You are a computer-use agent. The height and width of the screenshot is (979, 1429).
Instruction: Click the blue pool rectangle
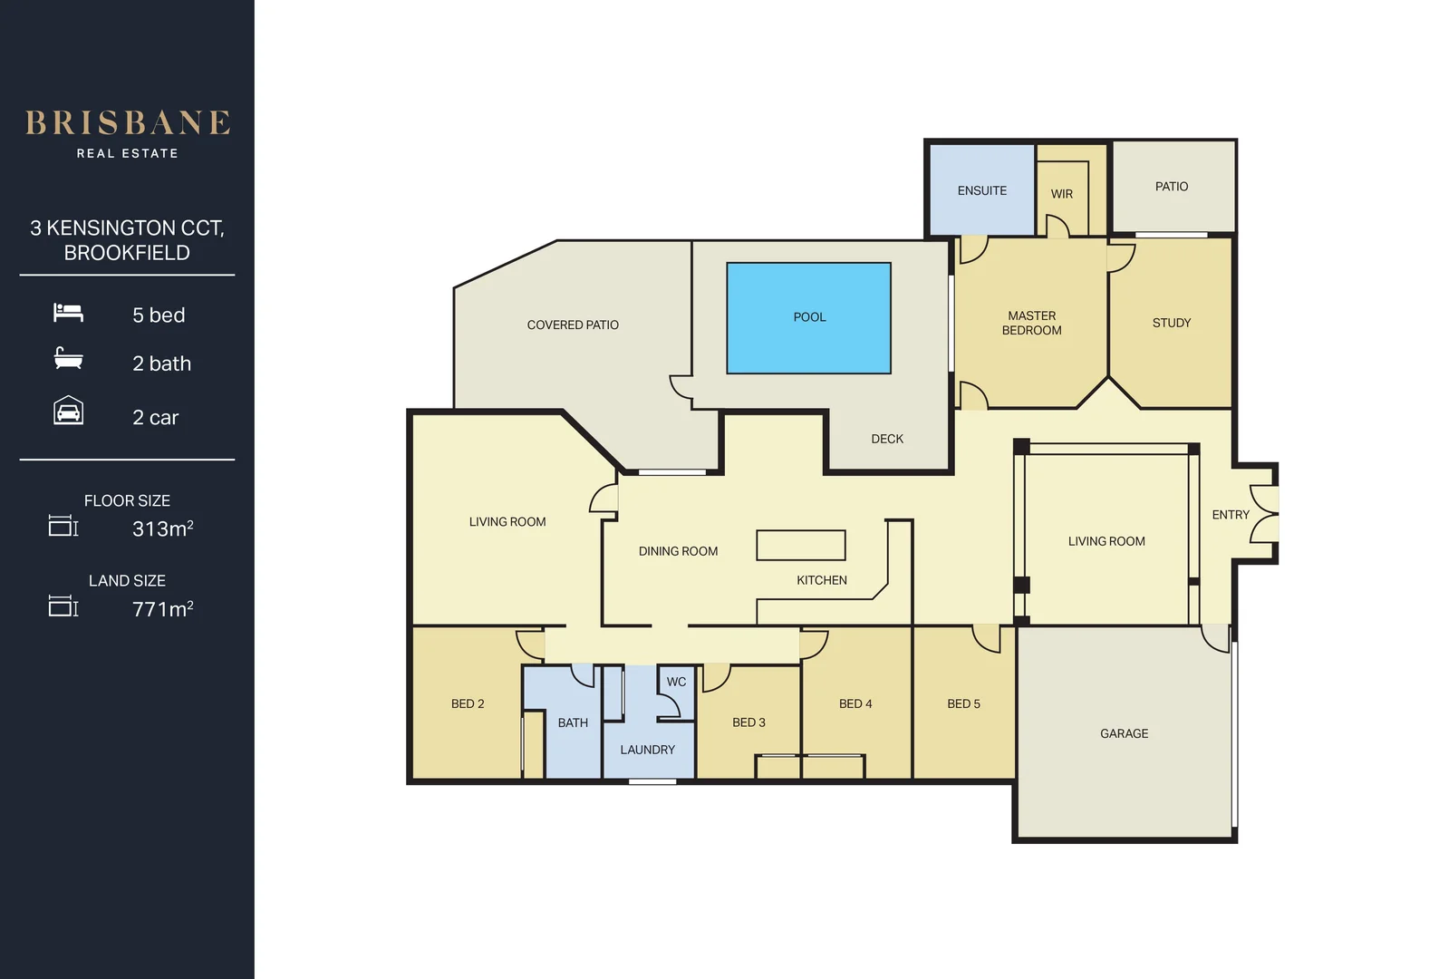[808, 317]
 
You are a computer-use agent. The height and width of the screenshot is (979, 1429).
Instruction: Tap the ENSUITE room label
[981, 191]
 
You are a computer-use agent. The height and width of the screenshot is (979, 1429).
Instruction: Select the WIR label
[1061, 194]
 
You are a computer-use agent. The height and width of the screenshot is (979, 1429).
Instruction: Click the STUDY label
[1171, 323]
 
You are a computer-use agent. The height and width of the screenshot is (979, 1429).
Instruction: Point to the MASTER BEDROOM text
[1031, 324]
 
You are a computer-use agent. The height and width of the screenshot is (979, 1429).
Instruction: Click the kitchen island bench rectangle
[801, 545]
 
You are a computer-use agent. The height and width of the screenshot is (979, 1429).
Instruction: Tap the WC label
[676, 682]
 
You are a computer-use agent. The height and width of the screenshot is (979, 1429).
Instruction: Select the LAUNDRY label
[647, 750]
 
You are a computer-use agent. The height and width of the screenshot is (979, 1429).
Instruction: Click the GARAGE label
[1124, 733]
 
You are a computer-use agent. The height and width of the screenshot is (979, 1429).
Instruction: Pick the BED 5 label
[963, 703]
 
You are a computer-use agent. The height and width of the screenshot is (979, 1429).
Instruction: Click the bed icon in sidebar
[68, 313]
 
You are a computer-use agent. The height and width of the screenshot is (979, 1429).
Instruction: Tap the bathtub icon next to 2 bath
[68, 359]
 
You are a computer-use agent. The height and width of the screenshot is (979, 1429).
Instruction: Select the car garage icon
[68, 412]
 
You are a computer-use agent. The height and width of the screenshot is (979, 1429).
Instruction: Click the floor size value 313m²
[162, 528]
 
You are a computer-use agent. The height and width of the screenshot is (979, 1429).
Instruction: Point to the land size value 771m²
[162, 609]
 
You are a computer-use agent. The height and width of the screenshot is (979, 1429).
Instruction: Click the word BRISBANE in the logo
[127, 123]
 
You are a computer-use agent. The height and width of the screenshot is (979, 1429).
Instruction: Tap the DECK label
[886, 439]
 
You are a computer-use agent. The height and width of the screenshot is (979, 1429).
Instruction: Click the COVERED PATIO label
[573, 325]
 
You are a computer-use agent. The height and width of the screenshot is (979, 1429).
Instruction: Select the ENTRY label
[1230, 515]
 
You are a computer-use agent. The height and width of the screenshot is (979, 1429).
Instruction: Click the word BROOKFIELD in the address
[127, 253]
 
